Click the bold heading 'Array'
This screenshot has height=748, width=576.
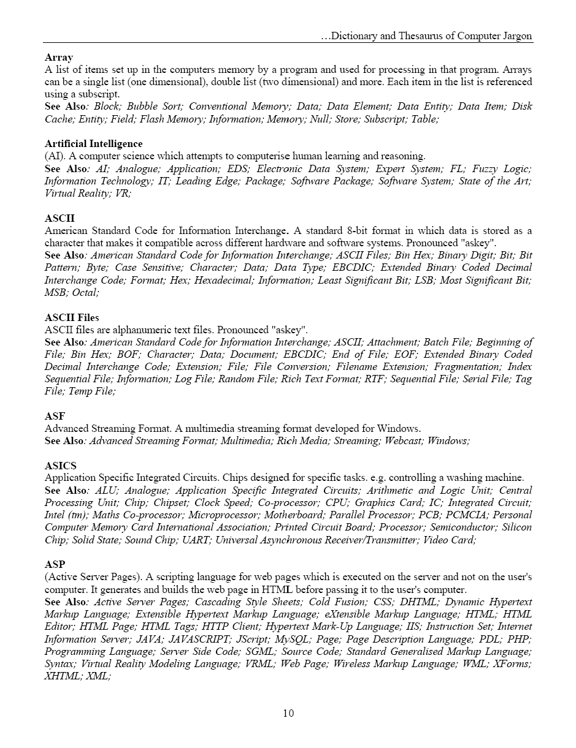(x=59, y=58)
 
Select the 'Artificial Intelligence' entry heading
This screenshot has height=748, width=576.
(x=93, y=144)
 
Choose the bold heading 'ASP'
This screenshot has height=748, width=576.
(x=55, y=564)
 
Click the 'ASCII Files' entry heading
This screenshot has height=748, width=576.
(x=72, y=317)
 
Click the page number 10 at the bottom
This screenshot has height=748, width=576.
(x=288, y=713)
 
